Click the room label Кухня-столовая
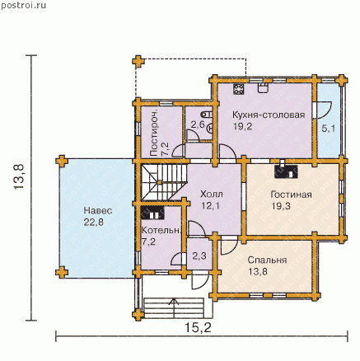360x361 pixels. (269, 115)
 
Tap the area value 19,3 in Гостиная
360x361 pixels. (281, 206)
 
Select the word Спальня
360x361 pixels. (267, 260)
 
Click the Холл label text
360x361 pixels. (212, 195)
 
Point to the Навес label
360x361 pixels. (98, 211)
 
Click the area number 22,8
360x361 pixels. (94, 222)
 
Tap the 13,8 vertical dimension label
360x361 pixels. (19, 176)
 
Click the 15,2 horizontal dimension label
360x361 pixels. (198, 327)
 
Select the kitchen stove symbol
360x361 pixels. (239, 89)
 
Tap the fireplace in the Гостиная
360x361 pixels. (286, 171)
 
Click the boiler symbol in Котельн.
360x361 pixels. (152, 213)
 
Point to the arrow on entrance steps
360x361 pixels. (174, 307)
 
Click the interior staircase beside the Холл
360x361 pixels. (164, 182)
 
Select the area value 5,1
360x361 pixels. (329, 129)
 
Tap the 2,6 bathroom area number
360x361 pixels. (198, 125)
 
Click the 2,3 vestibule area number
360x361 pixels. (199, 256)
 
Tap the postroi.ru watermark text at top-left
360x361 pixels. (24, 6)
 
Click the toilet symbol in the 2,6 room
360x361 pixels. (208, 114)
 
